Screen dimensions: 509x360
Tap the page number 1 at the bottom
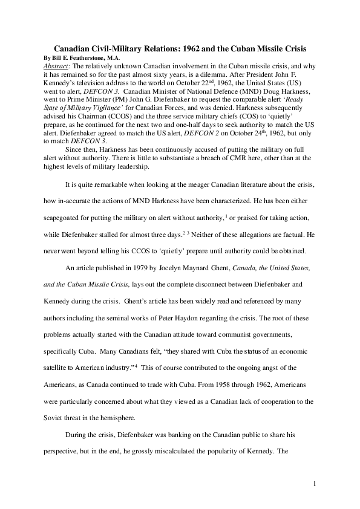coord(316,484)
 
